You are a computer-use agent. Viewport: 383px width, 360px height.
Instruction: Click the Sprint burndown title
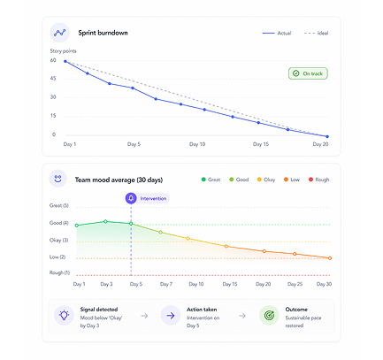[103, 33]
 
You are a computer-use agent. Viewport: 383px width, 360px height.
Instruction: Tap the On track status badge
[308, 73]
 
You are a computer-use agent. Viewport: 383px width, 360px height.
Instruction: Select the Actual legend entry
[279, 33]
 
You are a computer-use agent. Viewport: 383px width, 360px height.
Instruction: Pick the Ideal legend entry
[318, 33]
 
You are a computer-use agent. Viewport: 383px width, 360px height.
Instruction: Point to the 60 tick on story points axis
[53, 61]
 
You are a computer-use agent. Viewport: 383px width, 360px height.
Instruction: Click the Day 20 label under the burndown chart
[320, 144]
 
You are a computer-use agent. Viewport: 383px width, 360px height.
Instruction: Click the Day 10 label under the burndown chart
[196, 144]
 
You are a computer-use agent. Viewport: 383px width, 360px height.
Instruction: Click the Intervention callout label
[153, 198]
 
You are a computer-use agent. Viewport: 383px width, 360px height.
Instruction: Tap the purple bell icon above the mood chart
[131, 198]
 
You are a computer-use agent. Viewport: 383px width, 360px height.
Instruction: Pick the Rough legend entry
[317, 180]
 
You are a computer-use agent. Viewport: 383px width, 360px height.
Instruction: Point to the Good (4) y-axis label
[58, 223]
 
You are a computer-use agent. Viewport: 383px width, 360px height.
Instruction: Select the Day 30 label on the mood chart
[325, 285]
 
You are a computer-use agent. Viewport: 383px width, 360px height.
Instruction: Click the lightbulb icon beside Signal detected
[63, 315]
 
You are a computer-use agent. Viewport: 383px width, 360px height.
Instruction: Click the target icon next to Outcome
[268, 315]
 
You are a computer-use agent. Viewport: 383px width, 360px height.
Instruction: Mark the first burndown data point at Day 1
[65, 62]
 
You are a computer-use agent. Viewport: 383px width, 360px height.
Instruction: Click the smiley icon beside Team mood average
[58, 178]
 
